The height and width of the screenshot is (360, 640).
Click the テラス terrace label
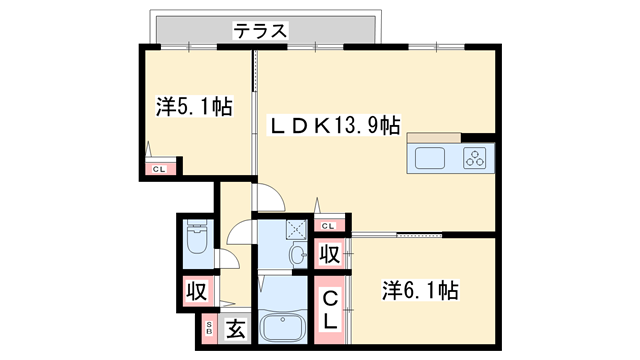point(261,31)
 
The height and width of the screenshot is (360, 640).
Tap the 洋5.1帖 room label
point(194,105)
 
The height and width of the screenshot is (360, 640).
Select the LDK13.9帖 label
point(337,126)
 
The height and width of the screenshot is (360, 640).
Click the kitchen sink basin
point(431,158)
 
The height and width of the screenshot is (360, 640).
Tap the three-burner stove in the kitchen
point(474,157)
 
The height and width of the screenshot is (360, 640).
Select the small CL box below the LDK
point(328,226)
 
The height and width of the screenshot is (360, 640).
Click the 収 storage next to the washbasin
point(328,256)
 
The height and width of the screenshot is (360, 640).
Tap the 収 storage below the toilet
point(196,293)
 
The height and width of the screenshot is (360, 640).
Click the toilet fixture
point(196,240)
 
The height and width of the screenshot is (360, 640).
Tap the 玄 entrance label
point(235,328)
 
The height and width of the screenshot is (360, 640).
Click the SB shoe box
point(210,327)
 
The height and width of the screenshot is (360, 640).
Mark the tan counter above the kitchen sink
point(433,138)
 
